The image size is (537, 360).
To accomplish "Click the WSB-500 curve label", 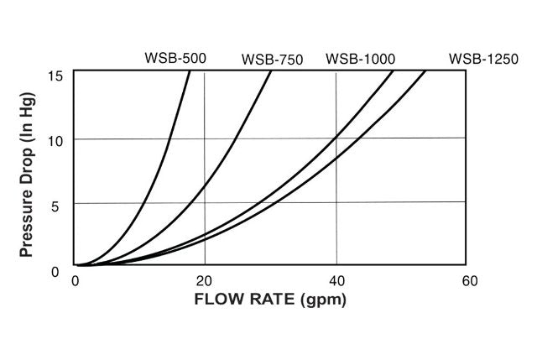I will pos(175,59).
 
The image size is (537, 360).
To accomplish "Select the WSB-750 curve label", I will pos(272,60).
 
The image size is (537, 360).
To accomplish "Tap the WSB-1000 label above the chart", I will pos(361,59).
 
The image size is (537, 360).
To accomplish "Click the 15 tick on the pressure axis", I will pos(56,76).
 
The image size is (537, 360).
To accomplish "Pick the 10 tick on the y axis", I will pos(56,138).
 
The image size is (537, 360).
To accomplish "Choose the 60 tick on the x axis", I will pos(469,280).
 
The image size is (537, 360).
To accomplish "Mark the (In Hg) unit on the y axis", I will pos(25,105).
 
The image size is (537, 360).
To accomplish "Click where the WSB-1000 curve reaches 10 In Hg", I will pos(336,138).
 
